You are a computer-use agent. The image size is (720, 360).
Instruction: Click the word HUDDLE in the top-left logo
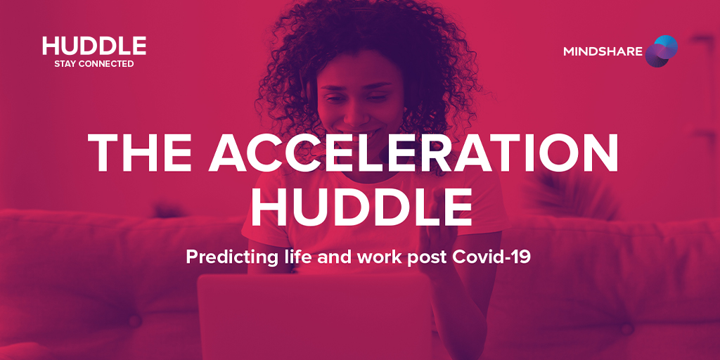pos(94,46)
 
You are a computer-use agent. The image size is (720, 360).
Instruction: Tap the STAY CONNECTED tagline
pos(94,64)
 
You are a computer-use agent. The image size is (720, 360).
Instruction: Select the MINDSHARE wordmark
pos(603,51)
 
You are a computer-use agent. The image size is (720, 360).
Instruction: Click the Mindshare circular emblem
pos(661,51)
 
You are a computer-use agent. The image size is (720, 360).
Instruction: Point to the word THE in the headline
pos(139,153)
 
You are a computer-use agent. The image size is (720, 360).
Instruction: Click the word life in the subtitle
pos(298,257)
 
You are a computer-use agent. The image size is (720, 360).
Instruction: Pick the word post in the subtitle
pos(430,258)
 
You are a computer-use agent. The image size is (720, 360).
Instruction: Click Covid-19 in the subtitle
pos(491,257)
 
